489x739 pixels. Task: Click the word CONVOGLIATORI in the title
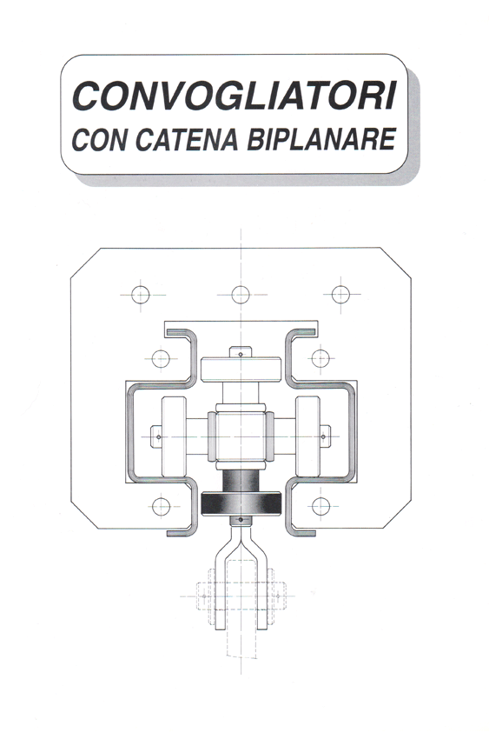point(234,97)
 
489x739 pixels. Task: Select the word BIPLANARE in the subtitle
point(321,139)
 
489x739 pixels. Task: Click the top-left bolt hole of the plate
point(140,295)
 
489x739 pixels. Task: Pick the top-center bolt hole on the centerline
point(241,295)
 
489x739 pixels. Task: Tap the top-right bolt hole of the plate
point(340,295)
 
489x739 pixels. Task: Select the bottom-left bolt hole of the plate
point(161,506)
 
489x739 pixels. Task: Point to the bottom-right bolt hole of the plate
point(320,506)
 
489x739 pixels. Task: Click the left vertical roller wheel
point(174,436)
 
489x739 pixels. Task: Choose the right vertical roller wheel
point(307,436)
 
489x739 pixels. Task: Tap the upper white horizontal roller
point(241,369)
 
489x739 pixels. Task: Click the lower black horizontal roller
point(241,503)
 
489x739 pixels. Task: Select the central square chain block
point(241,436)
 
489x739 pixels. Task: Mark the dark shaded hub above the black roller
point(241,481)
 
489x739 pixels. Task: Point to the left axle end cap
point(156,436)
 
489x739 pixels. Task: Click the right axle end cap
point(325,436)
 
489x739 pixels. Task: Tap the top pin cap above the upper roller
point(241,352)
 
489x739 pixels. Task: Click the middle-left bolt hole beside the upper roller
point(161,359)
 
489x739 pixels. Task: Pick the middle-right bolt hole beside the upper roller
point(320,358)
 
